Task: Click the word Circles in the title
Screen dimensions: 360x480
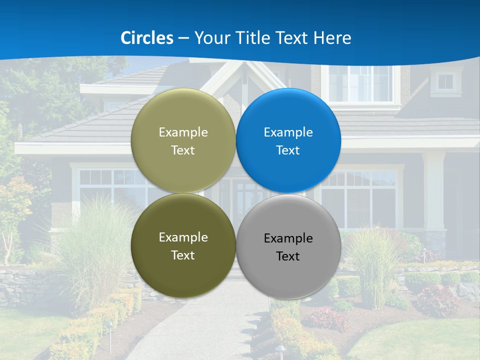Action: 146,38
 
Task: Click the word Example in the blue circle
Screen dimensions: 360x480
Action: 288,132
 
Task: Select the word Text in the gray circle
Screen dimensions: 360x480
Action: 288,256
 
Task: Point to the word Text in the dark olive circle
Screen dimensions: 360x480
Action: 183,255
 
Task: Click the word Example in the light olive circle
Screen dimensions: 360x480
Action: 183,132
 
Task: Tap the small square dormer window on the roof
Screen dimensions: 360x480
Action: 445,81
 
